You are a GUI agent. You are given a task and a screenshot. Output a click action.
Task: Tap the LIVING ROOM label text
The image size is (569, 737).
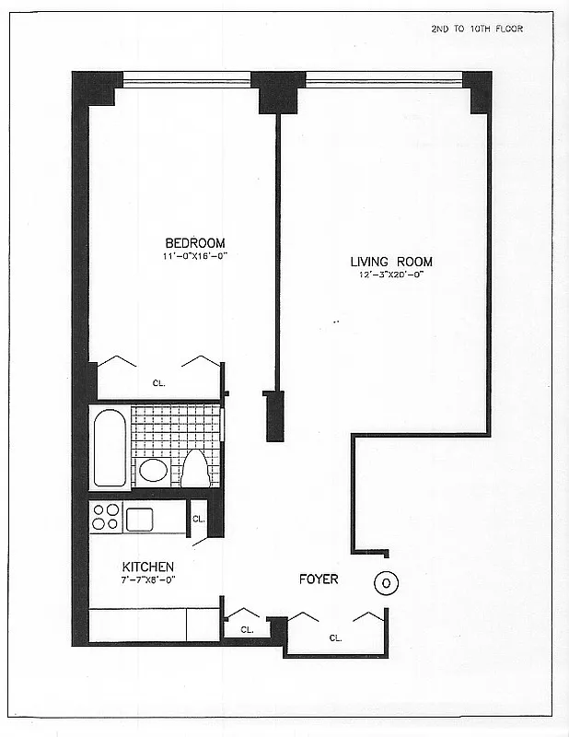(x=390, y=261)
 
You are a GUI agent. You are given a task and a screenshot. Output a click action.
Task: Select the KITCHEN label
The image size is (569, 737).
(x=148, y=567)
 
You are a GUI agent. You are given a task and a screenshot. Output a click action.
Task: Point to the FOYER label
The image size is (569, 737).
(x=319, y=579)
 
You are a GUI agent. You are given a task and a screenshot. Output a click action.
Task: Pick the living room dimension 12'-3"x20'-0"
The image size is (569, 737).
(x=390, y=275)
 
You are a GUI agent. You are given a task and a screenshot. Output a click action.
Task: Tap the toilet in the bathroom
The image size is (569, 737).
(x=195, y=468)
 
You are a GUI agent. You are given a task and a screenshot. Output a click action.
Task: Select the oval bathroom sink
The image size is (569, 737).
(x=153, y=472)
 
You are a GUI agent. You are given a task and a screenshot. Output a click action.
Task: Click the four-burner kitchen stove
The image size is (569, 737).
(x=106, y=517)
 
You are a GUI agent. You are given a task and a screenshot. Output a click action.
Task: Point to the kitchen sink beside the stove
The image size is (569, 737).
(x=144, y=519)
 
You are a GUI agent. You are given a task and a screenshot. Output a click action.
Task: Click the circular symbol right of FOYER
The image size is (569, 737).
(x=387, y=582)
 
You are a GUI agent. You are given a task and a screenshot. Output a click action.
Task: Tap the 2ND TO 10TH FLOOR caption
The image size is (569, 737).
(x=476, y=29)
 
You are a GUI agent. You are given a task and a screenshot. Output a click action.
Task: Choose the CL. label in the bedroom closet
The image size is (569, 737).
(x=158, y=384)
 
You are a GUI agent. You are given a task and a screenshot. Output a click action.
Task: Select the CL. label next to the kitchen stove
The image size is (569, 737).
(x=199, y=520)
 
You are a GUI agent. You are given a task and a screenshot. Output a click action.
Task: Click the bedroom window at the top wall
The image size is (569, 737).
(x=187, y=79)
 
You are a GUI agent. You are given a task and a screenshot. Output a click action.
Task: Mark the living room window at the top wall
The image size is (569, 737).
(x=382, y=79)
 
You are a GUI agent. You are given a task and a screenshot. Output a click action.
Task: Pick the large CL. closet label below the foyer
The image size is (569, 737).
(x=335, y=637)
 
